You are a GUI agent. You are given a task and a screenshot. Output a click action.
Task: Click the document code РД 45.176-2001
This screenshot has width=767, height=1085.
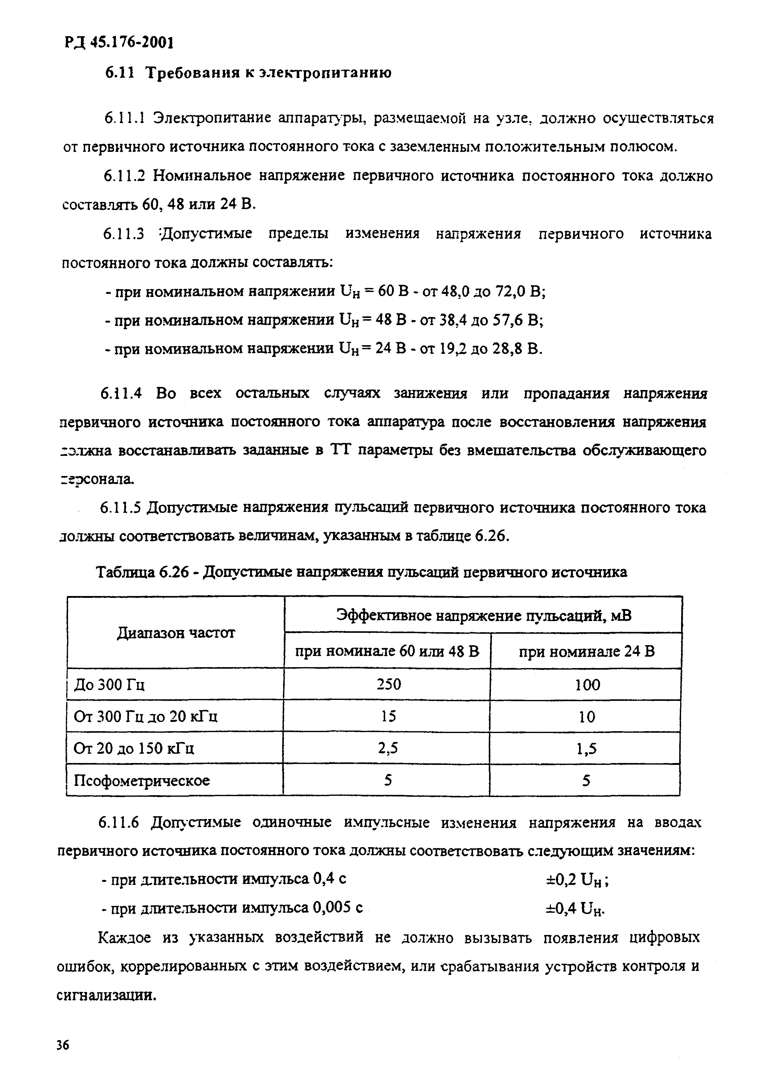coord(118,43)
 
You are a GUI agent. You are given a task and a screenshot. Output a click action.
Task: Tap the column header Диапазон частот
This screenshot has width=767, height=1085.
coord(175,633)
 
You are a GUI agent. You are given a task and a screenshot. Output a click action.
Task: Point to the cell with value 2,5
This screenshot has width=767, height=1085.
coord(388,748)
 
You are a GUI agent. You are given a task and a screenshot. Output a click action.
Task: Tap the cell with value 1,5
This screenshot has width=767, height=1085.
coord(586,748)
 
